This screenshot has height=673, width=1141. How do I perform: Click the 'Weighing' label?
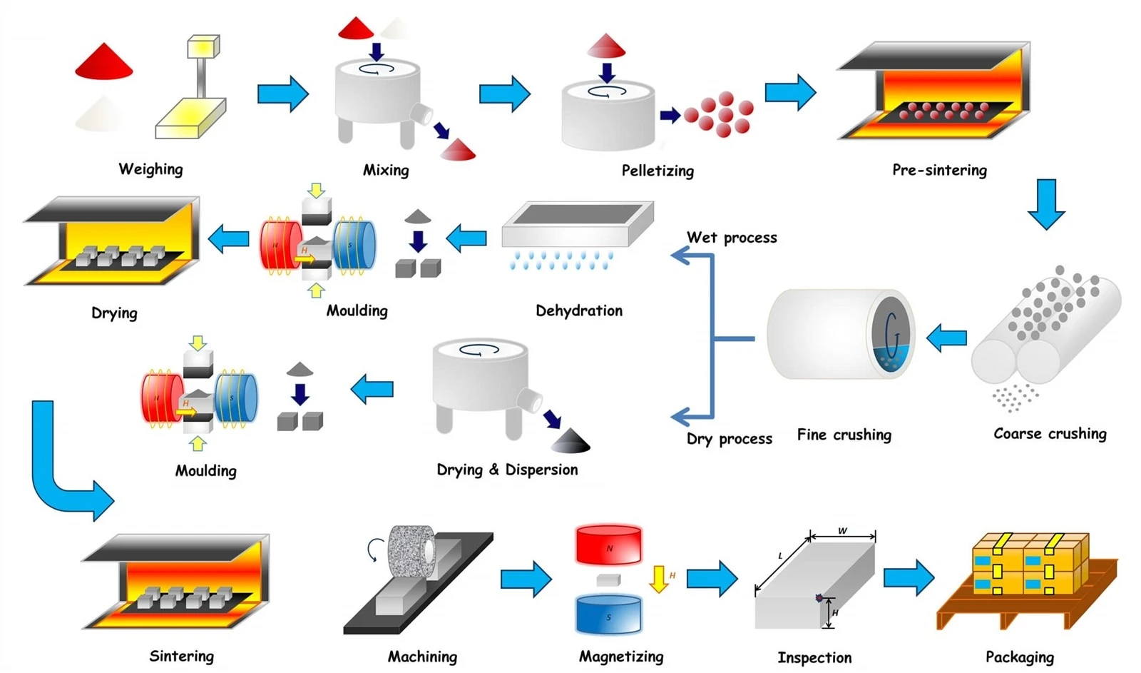(x=150, y=169)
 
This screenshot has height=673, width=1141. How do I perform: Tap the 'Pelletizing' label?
(x=658, y=171)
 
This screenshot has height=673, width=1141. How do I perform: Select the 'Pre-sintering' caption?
(x=940, y=170)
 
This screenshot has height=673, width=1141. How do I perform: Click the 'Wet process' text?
(x=732, y=238)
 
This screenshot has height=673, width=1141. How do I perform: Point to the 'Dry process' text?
(x=730, y=439)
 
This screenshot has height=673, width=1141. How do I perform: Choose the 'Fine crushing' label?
(x=844, y=435)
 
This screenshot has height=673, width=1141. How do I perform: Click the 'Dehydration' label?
(x=579, y=310)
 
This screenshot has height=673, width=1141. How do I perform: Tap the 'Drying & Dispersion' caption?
(x=507, y=470)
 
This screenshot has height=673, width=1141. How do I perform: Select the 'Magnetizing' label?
(x=621, y=657)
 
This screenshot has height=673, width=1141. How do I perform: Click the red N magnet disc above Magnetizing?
(x=609, y=545)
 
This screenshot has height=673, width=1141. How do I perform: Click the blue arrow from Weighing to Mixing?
(x=283, y=93)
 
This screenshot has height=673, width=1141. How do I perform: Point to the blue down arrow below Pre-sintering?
(x=1046, y=204)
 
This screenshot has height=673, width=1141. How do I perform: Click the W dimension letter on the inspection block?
(x=842, y=531)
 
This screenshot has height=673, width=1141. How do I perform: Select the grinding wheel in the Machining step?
(x=411, y=552)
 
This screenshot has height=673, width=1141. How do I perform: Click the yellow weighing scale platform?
(x=190, y=119)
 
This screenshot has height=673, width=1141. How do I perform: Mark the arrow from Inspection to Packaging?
(x=909, y=577)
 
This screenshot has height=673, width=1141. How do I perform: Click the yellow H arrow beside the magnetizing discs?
(x=659, y=580)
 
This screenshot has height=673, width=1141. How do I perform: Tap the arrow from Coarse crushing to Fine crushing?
(x=946, y=338)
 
